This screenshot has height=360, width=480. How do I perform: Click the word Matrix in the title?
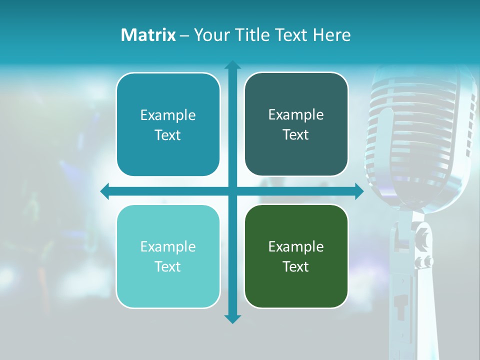click(148, 35)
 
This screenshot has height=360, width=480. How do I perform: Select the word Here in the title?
click(332, 35)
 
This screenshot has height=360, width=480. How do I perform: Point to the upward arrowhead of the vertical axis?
click(232, 65)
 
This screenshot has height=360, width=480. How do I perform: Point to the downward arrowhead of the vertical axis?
click(232, 318)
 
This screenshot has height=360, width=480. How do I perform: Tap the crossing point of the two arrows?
click(232, 191)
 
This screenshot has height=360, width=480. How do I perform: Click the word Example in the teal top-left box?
click(168, 115)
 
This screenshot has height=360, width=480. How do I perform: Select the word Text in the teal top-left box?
click(168, 135)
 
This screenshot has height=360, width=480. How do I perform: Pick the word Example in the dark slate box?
click(296, 115)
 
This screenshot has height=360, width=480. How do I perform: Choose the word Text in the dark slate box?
click(296, 135)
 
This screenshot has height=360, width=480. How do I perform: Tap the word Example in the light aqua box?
click(168, 247)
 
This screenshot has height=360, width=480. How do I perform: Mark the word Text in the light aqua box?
click(168, 267)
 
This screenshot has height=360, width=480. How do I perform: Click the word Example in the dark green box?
click(296, 247)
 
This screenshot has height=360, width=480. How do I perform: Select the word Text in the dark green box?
click(296, 267)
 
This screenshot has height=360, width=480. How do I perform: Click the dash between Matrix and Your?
click(184, 35)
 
